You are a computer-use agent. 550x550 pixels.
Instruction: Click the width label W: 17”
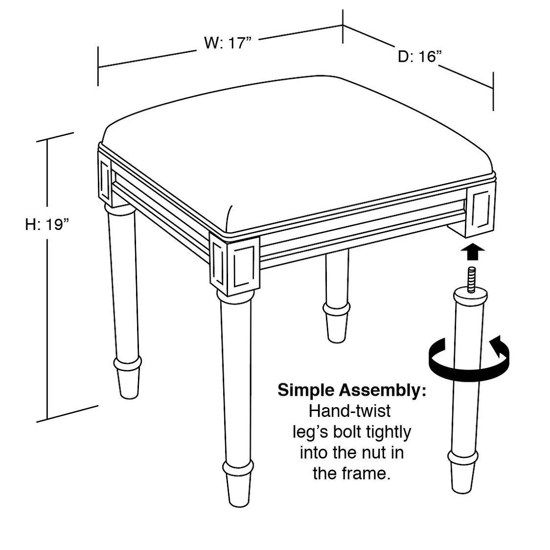point(228,43)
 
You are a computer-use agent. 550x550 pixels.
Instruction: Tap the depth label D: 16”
point(419,56)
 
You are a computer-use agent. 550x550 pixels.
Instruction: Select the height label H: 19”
point(47,224)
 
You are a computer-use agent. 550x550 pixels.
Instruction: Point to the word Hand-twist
point(350,411)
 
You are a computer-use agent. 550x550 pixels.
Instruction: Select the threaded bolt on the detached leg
point(471,279)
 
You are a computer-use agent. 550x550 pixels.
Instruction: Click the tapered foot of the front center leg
point(238,485)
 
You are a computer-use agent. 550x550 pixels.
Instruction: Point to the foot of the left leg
point(128,378)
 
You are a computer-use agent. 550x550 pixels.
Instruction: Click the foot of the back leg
point(336,322)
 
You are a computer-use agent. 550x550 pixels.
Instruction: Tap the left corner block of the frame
point(105,180)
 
